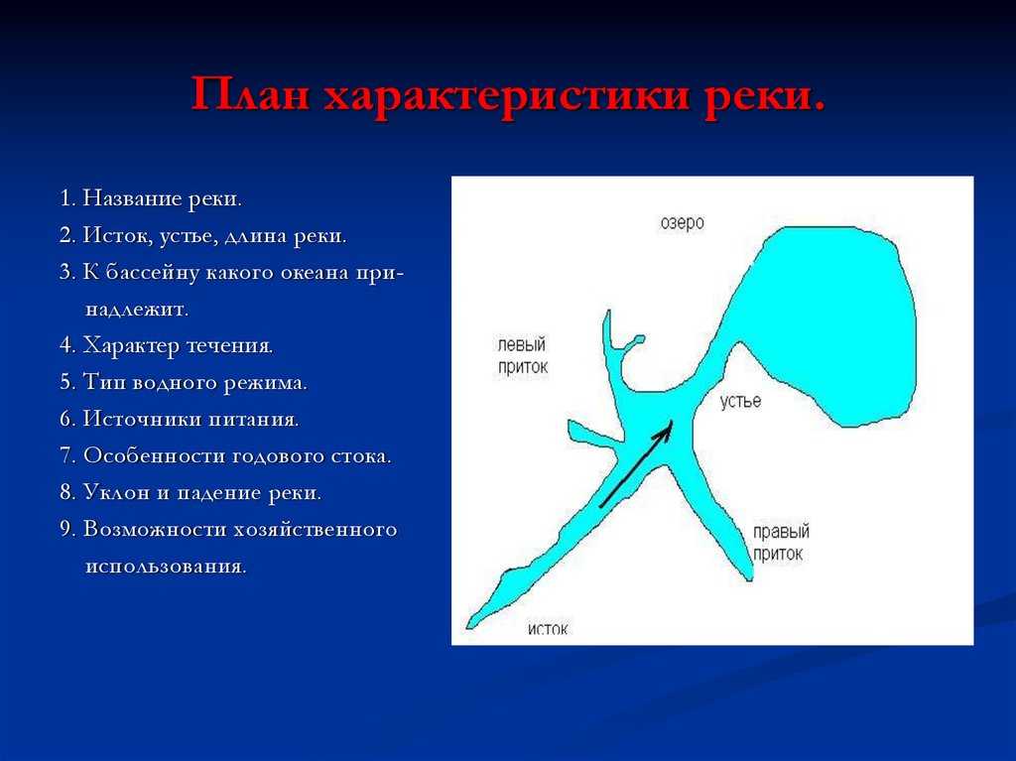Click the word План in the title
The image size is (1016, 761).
point(250,94)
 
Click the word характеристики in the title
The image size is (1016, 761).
point(505,98)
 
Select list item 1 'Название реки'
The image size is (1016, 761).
point(151,198)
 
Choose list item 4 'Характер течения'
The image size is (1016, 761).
point(167,345)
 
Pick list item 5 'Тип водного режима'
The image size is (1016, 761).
point(184,382)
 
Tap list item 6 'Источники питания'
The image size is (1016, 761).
point(180,420)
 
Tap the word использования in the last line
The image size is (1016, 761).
point(166,567)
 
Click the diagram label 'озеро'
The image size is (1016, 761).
point(683,223)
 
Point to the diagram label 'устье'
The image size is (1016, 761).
point(740,401)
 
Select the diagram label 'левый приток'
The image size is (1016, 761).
point(523,356)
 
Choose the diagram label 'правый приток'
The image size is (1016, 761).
point(781,543)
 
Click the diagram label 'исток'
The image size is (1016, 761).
point(548,629)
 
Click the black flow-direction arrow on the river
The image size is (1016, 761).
point(636,464)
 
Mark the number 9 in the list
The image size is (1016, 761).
point(65,530)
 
